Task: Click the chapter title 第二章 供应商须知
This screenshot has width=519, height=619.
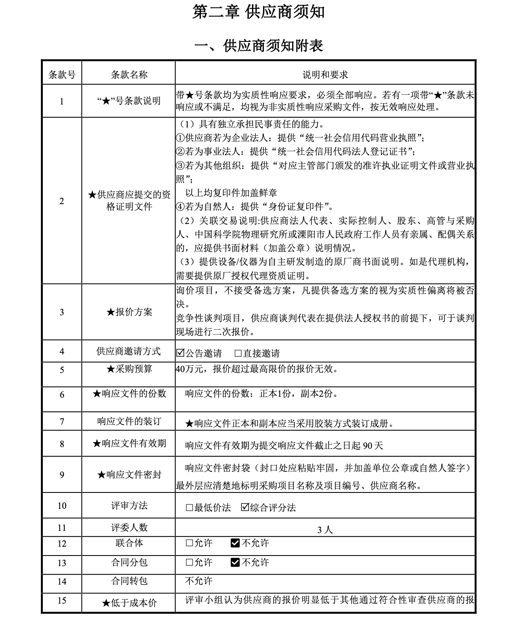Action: pyautogui.click(x=259, y=12)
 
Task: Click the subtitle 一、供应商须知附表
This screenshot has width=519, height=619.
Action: pyautogui.click(x=259, y=45)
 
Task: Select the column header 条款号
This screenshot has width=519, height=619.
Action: pyautogui.click(x=62, y=75)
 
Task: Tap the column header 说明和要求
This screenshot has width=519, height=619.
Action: pyautogui.click(x=325, y=75)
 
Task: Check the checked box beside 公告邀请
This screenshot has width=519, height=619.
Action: pyautogui.click(x=180, y=353)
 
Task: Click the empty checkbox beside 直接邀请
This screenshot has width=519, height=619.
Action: pyautogui.click(x=238, y=353)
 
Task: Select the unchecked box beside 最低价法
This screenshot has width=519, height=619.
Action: pyautogui.click(x=189, y=507)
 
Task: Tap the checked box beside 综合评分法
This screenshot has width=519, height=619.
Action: pyautogui.click(x=245, y=507)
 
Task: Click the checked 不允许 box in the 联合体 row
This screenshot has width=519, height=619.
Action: pyautogui.click(x=235, y=543)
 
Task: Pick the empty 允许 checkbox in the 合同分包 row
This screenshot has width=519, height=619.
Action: pyautogui.click(x=189, y=562)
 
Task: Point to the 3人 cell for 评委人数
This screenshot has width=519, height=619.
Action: pyautogui.click(x=325, y=530)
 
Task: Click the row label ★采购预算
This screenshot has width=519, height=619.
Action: pyautogui.click(x=129, y=369)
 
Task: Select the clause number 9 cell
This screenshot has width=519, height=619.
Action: pyautogui.click(x=62, y=475)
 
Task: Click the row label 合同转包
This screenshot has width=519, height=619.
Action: pyautogui.click(x=129, y=581)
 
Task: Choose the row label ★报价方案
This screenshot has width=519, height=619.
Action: pyautogui.click(x=129, y=312)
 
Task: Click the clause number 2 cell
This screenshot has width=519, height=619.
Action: pyautogui.click(x=62, y=201)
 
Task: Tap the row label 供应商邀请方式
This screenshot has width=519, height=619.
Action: pyautogui.click(x=129, y=351)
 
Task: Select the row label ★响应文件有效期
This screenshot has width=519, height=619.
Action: pyautogui.click(x=129, y=444)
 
